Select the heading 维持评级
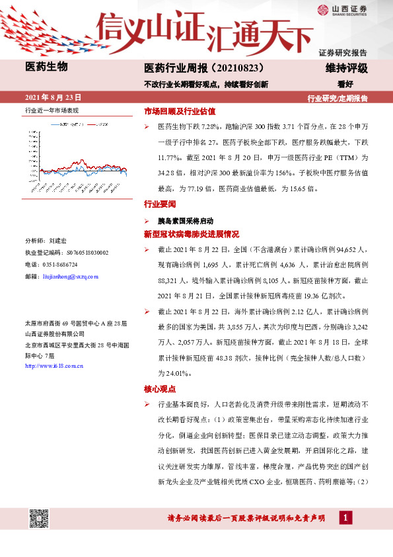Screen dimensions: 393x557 point(345,68)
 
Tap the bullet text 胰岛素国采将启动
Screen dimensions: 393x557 point(185,220)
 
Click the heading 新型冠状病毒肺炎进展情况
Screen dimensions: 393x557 point(191,234)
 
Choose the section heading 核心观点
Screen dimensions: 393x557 point(160,388)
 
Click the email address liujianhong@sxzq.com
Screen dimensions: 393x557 point(69,275)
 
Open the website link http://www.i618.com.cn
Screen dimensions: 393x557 point(54,365)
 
